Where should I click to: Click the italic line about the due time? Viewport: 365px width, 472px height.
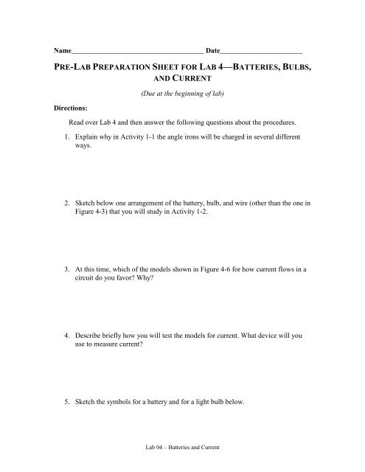click(182, 94)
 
